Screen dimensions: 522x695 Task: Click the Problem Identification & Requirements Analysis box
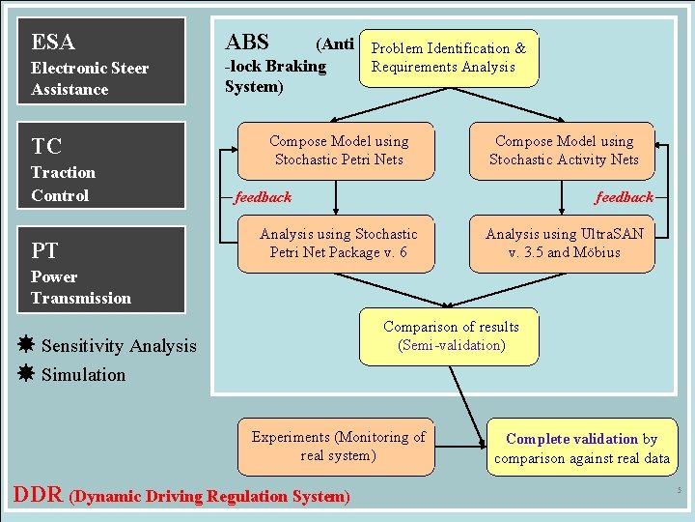pyautogui.click(x=449, y=58)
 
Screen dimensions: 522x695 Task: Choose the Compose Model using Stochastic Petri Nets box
pyautogui.click(x=339, y=151)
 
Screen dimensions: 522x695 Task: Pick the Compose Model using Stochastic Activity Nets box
pyautogui.click(x=564, y=151)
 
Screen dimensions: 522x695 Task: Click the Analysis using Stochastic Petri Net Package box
pyautogui.click(x=339, y=243)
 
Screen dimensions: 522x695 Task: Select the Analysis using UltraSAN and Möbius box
pyautogui.click(x=564, y=243)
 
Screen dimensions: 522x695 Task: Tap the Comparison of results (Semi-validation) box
pyautogui.click(x=450, y=336)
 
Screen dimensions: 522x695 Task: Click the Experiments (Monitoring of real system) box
pyautogui.click(x=338, y=446)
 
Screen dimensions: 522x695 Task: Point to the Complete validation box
pyautogui.click(x=581, y=448)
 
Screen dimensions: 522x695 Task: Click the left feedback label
pyautogui.click(x=263, y=197)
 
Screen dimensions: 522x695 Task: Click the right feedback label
pyautogui.click(x=624, y=197)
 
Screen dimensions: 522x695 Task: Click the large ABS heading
pyautogui.click(x=247, y=43)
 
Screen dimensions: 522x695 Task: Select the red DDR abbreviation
pyautogui.click(x=38, y=496)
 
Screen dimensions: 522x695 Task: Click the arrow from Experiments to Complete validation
pyautogui.click(x=460, y=447)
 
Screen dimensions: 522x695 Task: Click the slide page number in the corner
pyautogui.click(x=680, y=490)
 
